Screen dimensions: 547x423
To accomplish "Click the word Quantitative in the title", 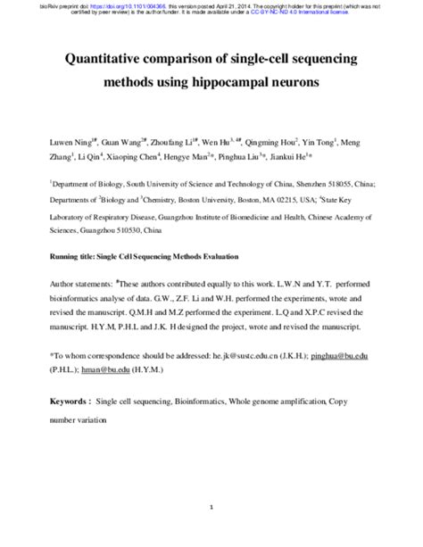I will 105,59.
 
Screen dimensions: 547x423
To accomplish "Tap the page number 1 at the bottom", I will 211,483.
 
